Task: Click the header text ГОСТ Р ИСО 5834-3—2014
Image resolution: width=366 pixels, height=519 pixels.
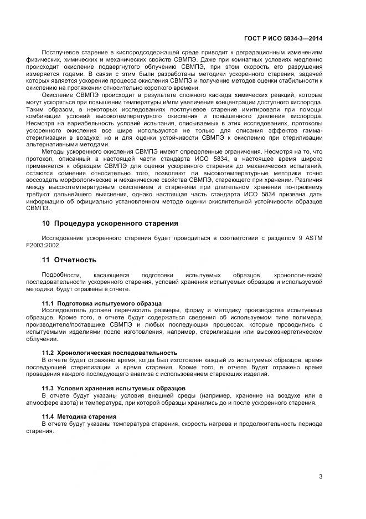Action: point(283,39)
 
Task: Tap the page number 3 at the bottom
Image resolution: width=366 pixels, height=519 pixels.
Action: point(321,476)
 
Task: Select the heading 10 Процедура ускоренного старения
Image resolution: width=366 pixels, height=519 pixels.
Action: point(110,223)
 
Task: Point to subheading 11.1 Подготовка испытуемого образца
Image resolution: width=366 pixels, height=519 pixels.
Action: point(102,303)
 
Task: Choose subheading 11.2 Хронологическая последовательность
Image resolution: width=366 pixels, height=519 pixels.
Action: point(110,353)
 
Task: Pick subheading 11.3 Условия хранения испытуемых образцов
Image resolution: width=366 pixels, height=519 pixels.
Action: point(114,388)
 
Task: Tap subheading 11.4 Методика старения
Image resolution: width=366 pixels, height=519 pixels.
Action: point(79,416)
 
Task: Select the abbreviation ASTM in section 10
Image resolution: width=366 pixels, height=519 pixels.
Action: point(313,238)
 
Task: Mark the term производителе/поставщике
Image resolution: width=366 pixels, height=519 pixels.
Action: point(73,324)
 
